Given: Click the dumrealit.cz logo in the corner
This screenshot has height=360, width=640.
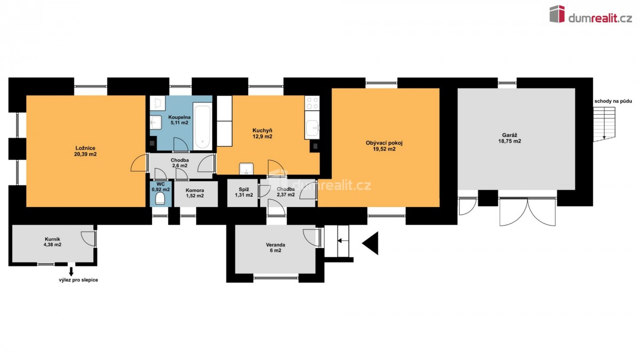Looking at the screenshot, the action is (590, 14).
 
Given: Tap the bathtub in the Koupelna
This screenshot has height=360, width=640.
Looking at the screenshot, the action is (202, 126).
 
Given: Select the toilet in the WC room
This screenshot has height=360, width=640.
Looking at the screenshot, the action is (161, 198).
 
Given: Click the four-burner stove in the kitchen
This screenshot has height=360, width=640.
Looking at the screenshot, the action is (311, 103).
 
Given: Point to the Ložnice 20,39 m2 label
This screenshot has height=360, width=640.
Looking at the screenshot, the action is (85, 151).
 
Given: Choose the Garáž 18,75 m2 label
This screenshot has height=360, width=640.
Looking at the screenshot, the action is (510, 138).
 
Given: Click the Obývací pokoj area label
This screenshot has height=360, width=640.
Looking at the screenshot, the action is (384, 146).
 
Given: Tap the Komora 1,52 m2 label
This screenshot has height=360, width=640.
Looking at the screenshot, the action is (195, 193).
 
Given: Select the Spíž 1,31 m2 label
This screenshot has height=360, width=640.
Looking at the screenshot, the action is (244, 192).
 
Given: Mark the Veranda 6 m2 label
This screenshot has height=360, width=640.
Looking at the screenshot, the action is (275, 247).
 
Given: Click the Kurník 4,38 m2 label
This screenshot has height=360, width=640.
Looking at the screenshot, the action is (52, 242).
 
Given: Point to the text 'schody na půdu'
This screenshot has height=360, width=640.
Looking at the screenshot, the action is (613, 101).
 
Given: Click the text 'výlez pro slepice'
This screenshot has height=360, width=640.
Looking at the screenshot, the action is (78, 280).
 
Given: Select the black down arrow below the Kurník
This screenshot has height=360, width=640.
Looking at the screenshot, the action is (71, 271).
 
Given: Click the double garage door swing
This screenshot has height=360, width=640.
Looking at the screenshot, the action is (527, 212).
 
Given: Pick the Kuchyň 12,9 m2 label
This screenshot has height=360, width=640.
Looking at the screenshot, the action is (262, 133).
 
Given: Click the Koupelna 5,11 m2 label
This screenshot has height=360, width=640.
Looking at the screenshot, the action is (179, 120).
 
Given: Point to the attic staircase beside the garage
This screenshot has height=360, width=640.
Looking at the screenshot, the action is (603, 125).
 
